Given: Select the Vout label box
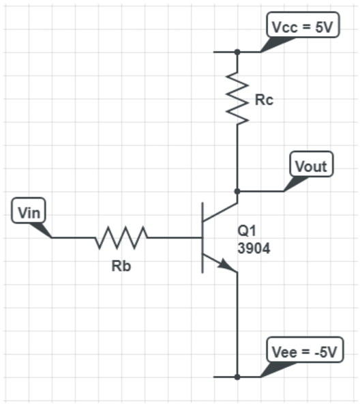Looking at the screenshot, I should coord(312,166).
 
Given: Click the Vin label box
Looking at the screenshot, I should coord(29,212).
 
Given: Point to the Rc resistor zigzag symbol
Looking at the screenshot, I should coord(237,100).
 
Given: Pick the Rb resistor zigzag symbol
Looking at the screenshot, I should coord(121,237).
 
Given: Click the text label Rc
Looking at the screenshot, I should coord(264,100).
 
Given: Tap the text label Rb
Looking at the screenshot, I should coord(121,266).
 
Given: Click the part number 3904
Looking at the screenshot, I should coord(254,249).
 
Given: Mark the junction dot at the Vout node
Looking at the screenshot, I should coord(237,191).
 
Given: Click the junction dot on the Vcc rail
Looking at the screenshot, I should coord(237,52).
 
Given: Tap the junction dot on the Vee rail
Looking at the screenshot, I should coord(237,377).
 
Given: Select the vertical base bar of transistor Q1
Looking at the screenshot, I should coord(202,238).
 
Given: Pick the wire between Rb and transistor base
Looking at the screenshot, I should coord(175,237).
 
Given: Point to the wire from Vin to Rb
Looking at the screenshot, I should coord(74,237).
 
